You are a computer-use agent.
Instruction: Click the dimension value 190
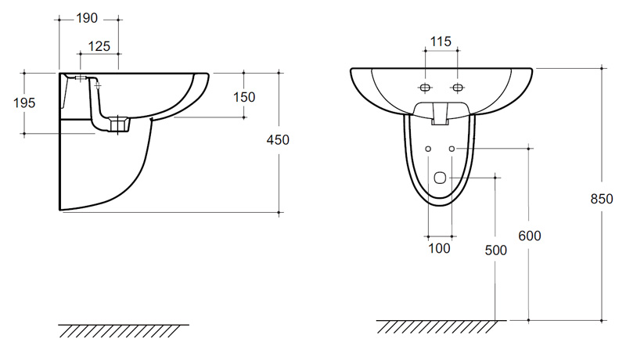87,18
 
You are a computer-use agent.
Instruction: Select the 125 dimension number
99,47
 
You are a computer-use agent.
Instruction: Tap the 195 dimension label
24,103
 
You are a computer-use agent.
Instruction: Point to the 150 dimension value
244,97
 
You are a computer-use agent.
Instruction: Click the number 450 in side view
278,140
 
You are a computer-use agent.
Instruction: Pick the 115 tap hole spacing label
441,41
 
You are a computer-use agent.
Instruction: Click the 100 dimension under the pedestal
439,248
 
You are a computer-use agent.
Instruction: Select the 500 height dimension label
496,250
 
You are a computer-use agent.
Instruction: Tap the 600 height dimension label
530,236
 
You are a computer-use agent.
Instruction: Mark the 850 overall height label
602,199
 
